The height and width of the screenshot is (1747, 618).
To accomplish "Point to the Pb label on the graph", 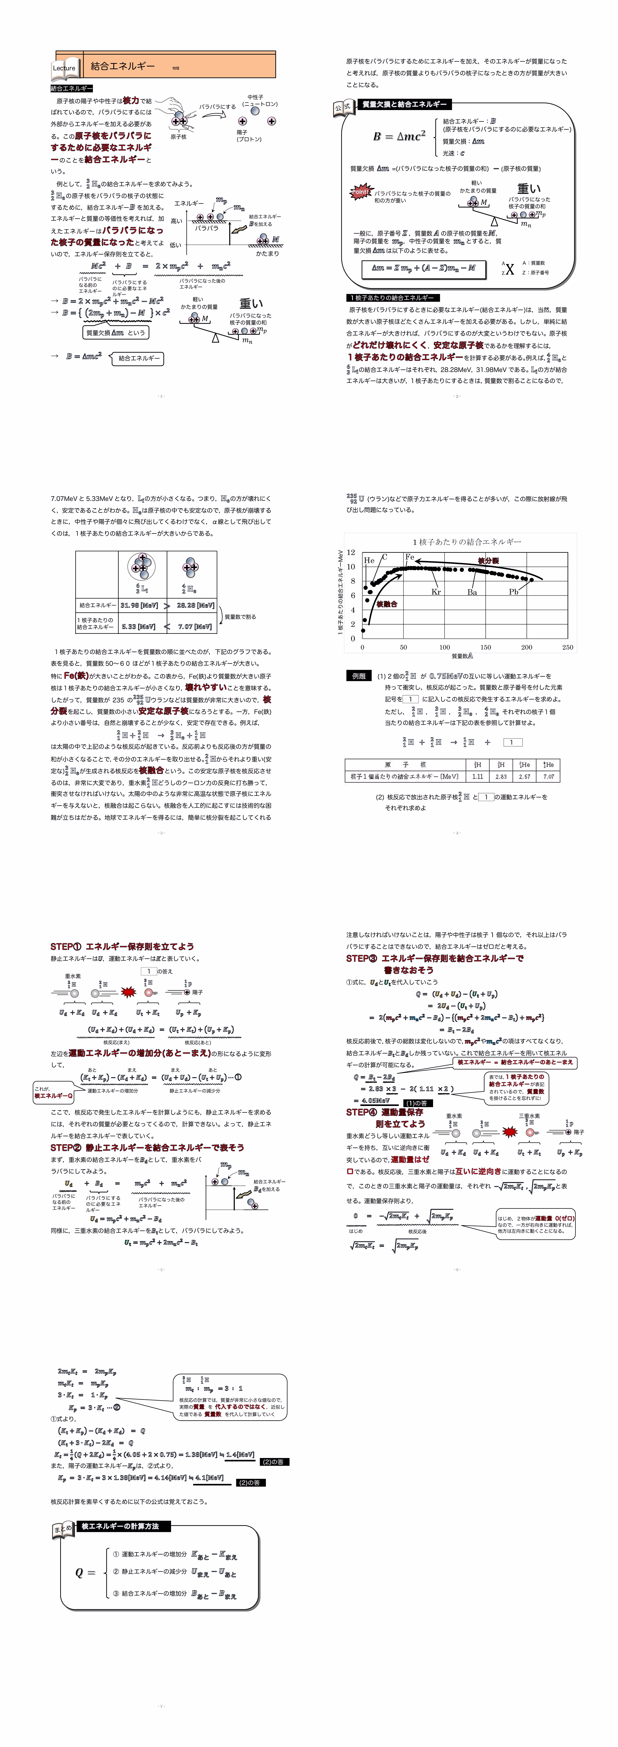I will coord(514,591).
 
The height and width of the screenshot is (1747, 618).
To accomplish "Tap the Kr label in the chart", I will coord(436,591).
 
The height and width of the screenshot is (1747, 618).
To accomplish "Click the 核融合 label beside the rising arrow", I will coord(387,604).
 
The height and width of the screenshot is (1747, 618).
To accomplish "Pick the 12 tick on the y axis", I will coord(351,553).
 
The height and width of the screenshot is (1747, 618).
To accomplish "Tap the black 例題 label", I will coord(358,676).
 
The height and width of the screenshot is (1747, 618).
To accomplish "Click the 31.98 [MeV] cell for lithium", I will coord(139,605).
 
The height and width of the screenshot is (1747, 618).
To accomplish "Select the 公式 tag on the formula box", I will coord(343,107).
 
